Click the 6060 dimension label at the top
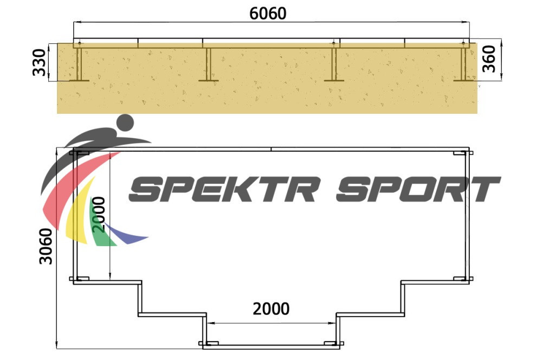point(268,14)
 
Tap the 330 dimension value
point(39,62)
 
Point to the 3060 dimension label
point(46,246)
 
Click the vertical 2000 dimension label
point(99,214)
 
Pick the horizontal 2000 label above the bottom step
point(271,309)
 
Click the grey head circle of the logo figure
point(125,123)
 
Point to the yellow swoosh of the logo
point(78,214)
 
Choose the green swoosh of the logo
point(99,225)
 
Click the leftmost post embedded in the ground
point(79,63)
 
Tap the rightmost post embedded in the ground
point(463,63)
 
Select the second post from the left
point(208,64)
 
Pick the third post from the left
point(334,64)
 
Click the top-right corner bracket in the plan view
point(463,153)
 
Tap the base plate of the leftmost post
point(79,81)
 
